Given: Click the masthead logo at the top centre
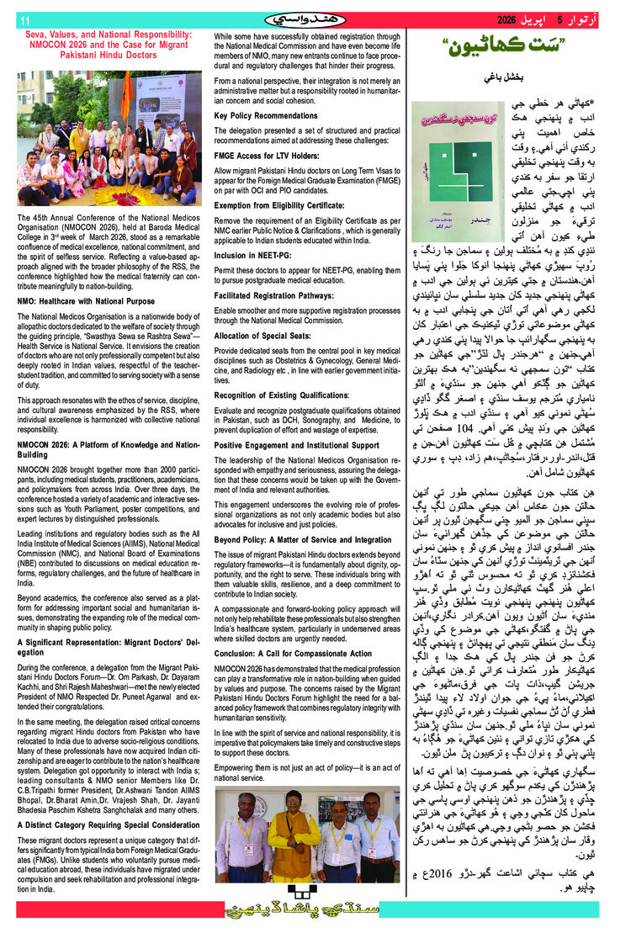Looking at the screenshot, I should point(315,19).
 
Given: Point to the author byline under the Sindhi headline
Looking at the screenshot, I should point(496,78).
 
